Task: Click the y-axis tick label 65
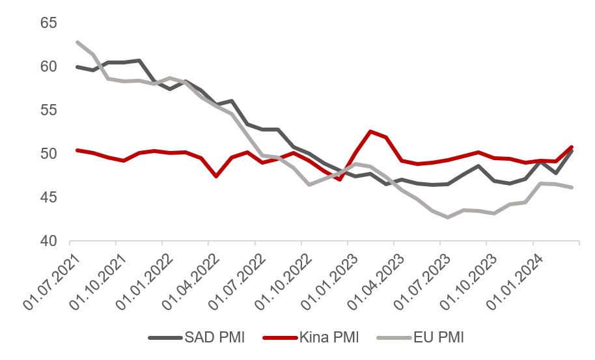click(x=49, y=23)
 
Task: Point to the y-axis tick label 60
click(x=49, y=66)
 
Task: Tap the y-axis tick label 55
click(x=49, y=110)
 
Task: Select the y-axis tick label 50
click(x=49, y=154)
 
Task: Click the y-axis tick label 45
click(x=49, y=197)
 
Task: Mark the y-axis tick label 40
click(x=49, y=241)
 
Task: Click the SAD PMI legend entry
click(x=195, y=338)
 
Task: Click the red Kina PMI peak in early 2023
click(x=371, y=132)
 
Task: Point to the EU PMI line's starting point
click(x=78, y=42)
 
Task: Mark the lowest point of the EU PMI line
click(x=448, y=217)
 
